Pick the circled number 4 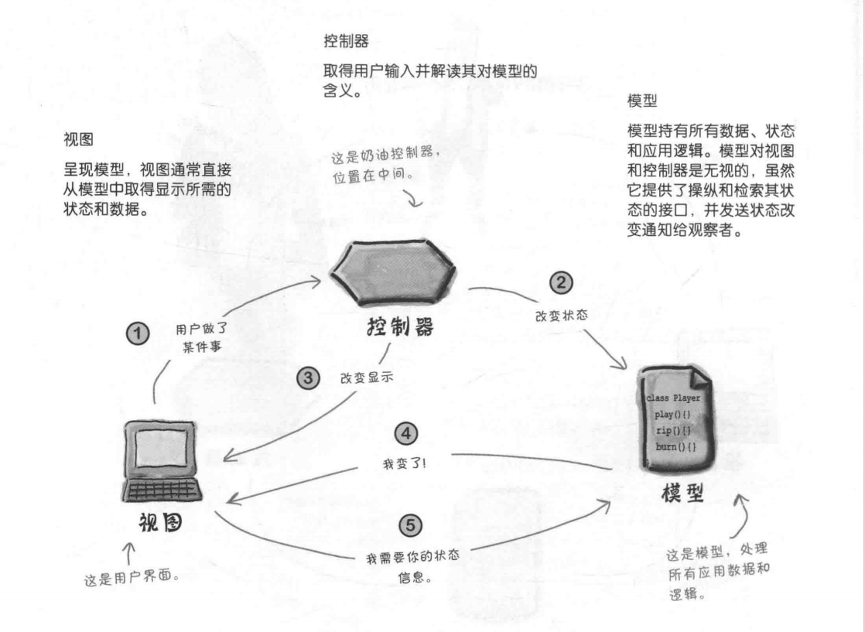point(406,432)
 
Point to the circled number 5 point(405,525)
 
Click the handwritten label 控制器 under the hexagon point(399,328)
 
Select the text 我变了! point(405,462)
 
